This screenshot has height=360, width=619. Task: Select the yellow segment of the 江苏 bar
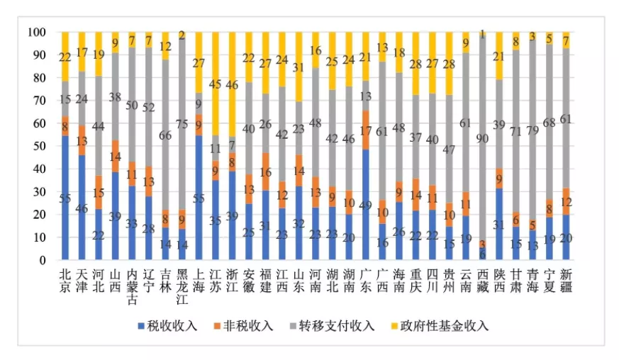217,83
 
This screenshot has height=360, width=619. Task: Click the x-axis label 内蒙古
133,284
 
